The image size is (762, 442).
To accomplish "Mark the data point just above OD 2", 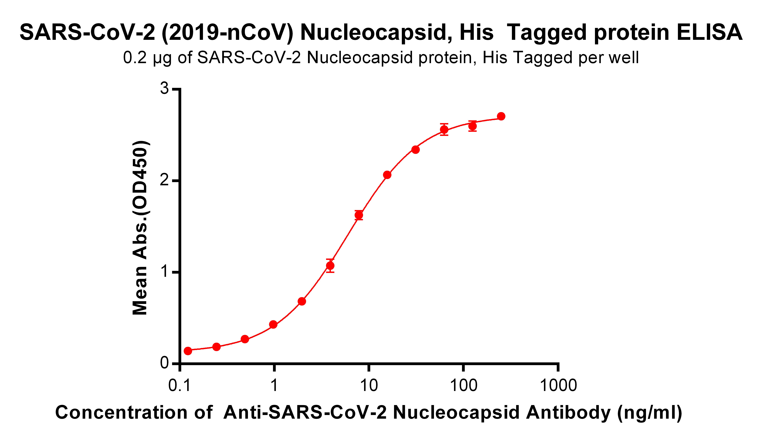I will [387, 175].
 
